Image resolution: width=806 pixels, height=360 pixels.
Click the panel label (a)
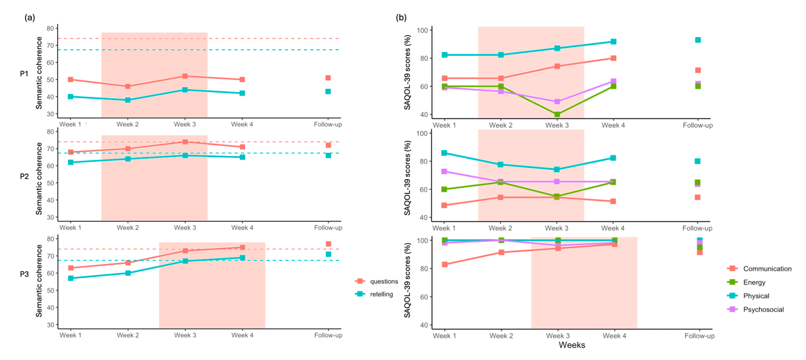(30, 18)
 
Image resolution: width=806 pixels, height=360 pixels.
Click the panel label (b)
(401, 18)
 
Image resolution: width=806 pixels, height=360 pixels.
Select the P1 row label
(24, 74)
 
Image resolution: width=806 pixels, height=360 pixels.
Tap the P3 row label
(24, 274)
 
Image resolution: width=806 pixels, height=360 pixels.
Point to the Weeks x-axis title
(572, 345)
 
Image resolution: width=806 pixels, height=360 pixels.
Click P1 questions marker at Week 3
(185, 76)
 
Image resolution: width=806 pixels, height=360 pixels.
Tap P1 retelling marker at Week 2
(128, 100)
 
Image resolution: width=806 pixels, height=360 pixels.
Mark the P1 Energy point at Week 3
(557, 114)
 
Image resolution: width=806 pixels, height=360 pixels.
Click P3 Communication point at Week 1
(444, 265)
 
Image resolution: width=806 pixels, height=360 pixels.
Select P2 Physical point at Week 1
(444, 153)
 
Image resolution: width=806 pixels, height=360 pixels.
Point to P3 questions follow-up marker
(328, 244)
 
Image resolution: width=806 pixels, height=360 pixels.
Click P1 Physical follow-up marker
(698, 40)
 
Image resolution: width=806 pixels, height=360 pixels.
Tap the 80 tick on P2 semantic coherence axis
(50, 132)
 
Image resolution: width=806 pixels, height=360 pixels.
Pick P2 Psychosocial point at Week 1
(444, 171)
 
